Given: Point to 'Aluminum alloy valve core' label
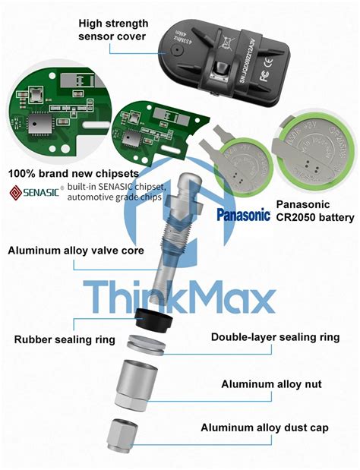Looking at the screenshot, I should pos(75,250).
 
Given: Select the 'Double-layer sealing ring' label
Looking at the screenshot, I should pos(275,337).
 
